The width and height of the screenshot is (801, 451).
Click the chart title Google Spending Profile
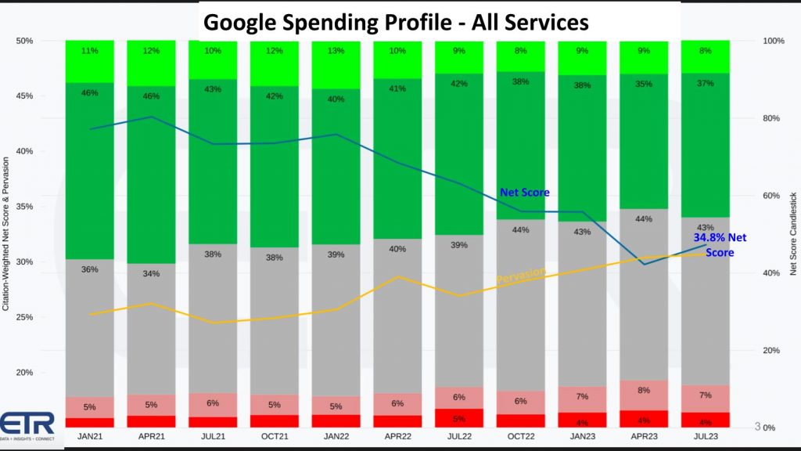tap(396, 22)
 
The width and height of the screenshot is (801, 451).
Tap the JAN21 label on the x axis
tap(90, 435)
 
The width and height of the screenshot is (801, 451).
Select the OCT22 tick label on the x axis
tap(520, 435)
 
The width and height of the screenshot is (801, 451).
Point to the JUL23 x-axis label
tap(706, 435)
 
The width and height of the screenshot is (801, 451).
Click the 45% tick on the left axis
tap(23, 96)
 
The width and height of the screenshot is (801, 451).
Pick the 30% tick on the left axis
tap(23, 262)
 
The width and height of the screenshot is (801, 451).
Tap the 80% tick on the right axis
tap(771, 118)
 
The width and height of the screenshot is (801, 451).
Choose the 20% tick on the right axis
tap(771, 351)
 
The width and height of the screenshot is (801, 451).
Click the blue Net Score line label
tap(525, 193)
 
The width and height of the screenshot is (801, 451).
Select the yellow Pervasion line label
tap(520, 276)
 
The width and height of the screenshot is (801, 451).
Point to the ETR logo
tap(28, 425)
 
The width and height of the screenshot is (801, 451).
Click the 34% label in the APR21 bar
tap(151, 274)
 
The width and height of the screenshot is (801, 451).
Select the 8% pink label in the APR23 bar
tap(644, 390)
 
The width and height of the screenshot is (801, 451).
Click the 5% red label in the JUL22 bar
tap(459, 418)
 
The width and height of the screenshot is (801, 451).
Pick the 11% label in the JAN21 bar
tap(90, 52)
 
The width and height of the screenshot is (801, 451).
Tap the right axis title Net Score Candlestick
tap(793, 233)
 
